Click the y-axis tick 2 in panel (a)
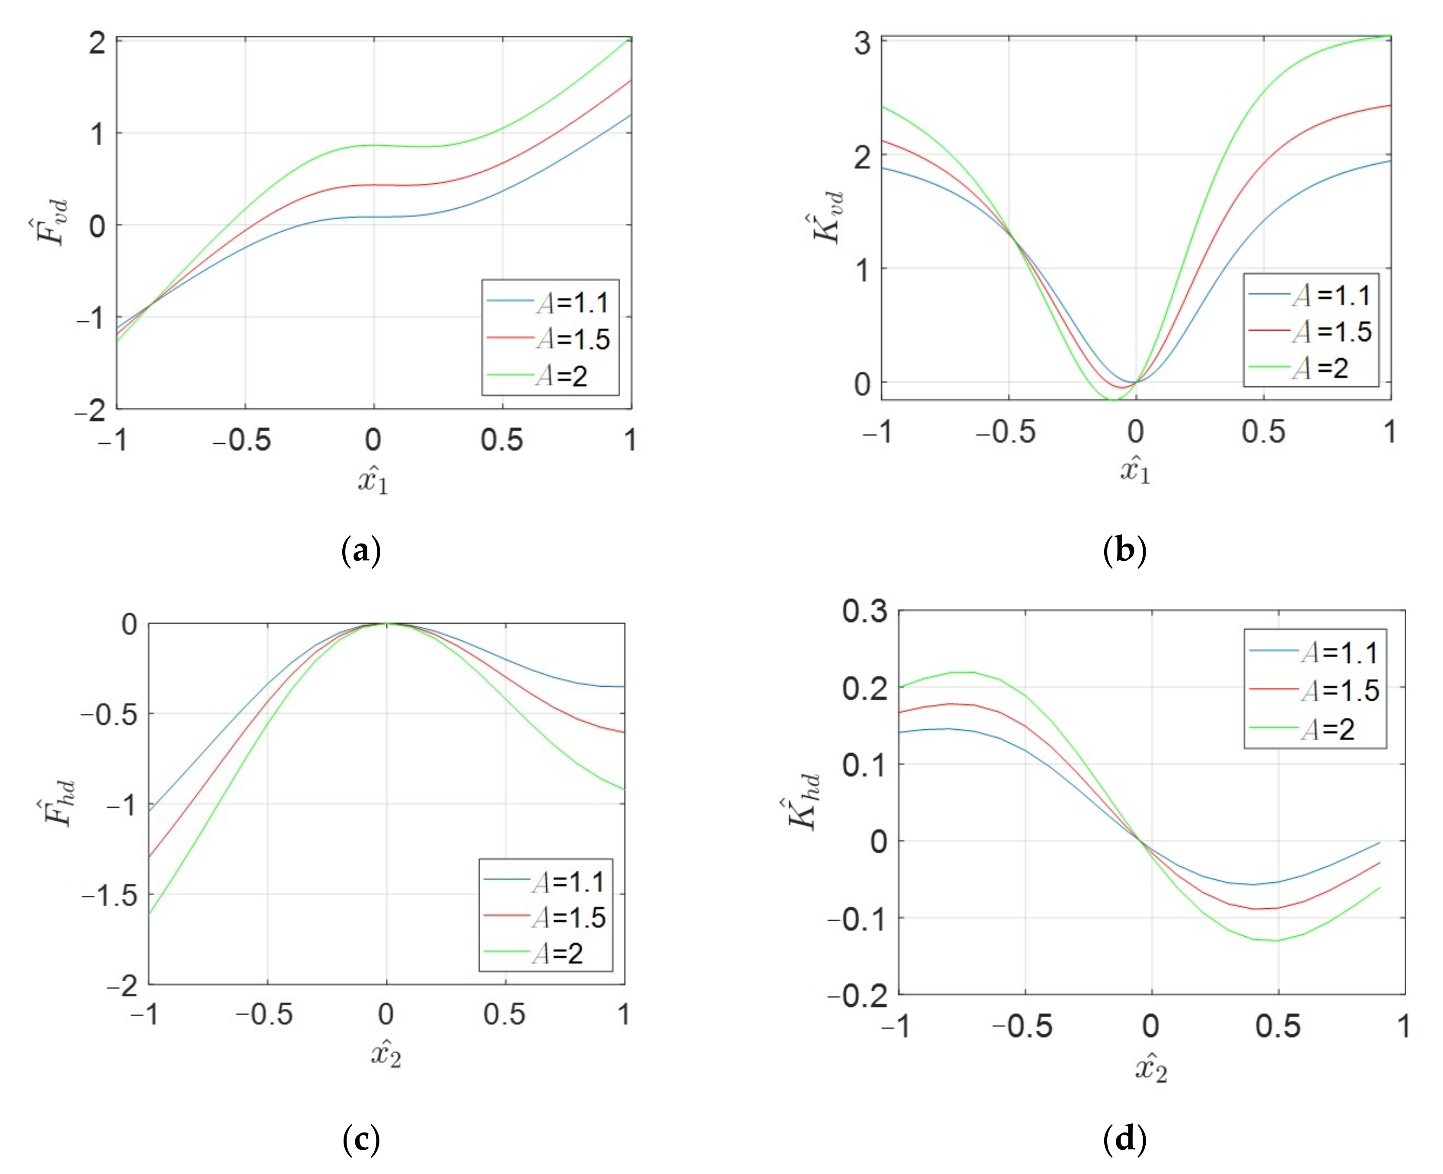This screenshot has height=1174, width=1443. coord(97,43)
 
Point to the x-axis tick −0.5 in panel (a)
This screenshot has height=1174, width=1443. coord(242,441)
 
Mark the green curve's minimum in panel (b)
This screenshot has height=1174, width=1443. coord(1112,400)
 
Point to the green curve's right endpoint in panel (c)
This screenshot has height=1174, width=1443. coord(624,789)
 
